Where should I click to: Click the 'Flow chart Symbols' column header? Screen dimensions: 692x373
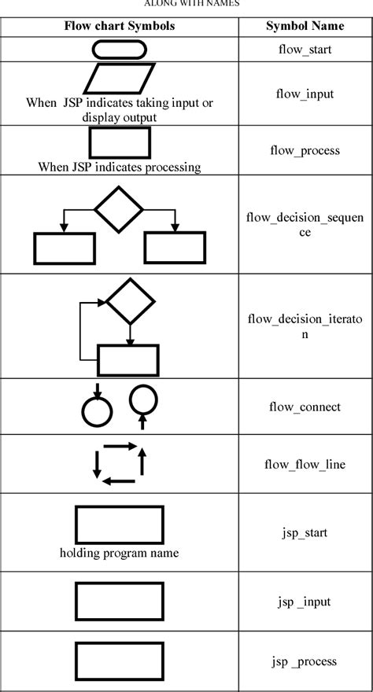click(120, 26)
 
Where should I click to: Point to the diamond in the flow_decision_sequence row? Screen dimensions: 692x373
click(119, 209)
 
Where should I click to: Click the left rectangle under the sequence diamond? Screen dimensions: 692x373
click(64, 248)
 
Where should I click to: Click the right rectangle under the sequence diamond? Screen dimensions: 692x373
click(175, 248)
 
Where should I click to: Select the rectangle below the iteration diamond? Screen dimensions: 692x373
click(127, 360)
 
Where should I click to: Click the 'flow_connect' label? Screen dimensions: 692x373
click(303, 407)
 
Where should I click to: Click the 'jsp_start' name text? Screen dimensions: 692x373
click(303, 532)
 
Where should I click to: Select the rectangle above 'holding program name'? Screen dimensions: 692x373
click(120, 525)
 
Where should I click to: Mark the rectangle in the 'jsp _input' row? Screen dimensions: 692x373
click(120, 602)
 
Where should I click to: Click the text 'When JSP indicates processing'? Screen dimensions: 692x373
click(119, 167)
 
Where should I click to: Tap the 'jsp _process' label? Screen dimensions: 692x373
click(303, 661)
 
